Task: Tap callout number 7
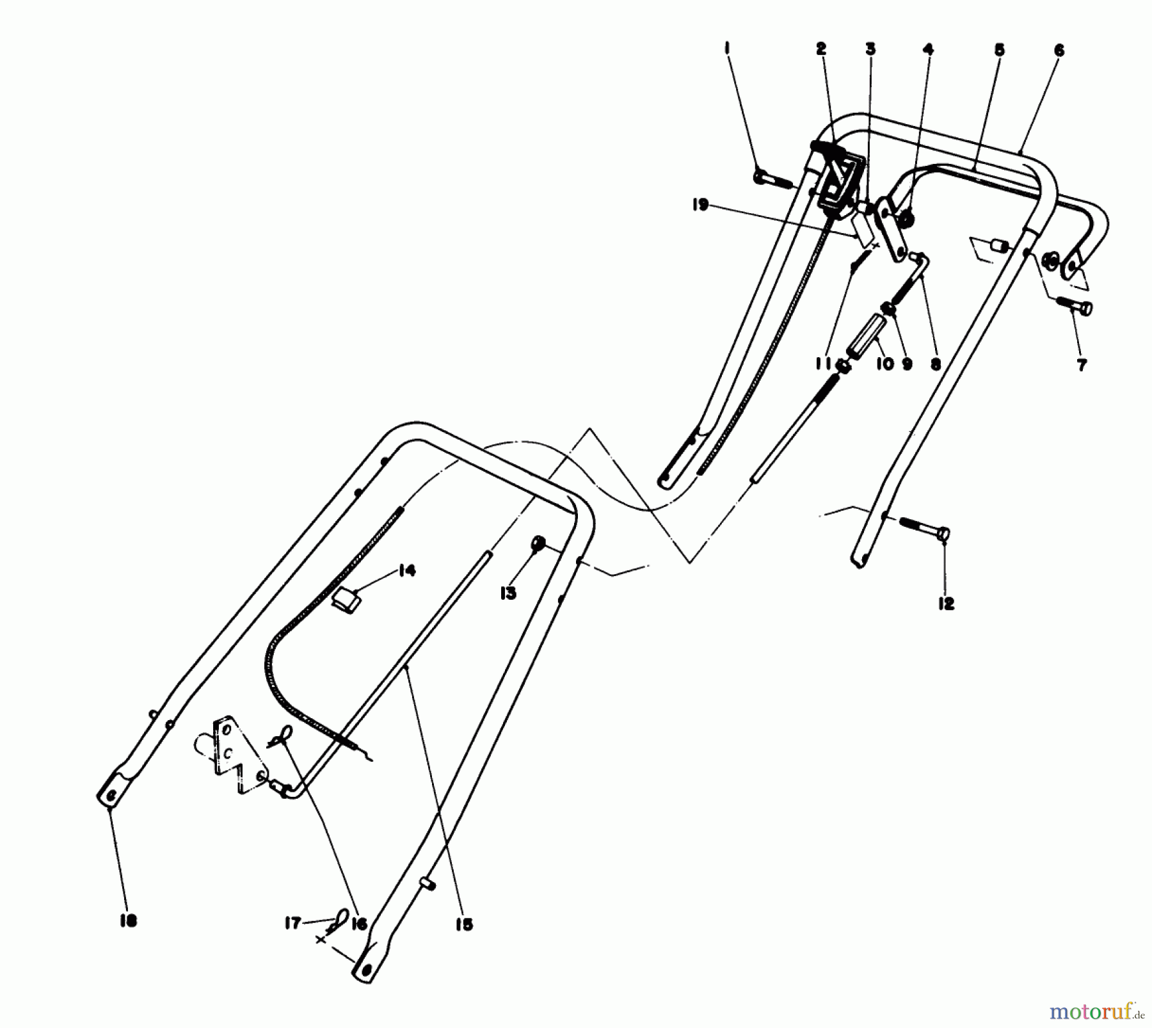pos(1082,365)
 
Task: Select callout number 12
pos(946,603)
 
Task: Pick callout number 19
pos(700,205)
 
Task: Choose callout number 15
pos(464,924)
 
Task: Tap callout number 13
pos(508,593)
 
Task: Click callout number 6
pos(1059,49)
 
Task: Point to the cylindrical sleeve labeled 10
pos(867,335)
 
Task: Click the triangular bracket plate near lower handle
pos(234,755)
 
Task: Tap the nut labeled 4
pos(907,221)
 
